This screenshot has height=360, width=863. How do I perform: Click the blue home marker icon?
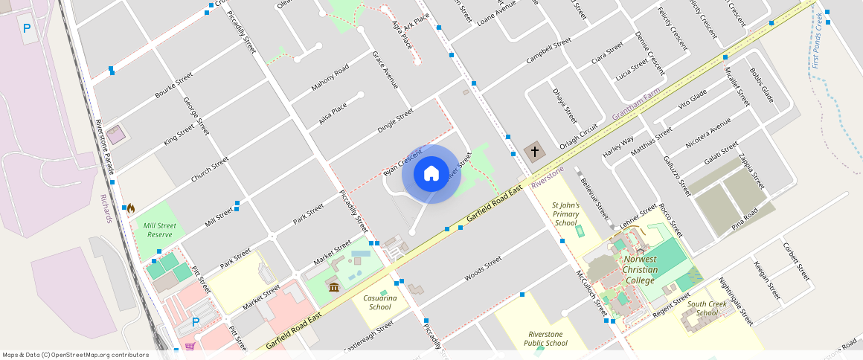[x=431, y=174]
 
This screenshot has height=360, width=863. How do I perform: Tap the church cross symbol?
[x=533, y=152]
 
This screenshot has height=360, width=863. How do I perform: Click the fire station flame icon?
[x=131, y=209]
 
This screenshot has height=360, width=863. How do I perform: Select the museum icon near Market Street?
[x=333, y=287]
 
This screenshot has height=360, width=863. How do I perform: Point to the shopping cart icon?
[x=190, y=347]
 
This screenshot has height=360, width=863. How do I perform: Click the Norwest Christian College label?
[x=641, y=269]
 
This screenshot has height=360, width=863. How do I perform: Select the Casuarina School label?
[x=379, y=302]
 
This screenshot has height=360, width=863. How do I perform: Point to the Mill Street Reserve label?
[x=160, y=229]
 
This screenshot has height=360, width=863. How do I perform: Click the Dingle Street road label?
[x=395, y=120]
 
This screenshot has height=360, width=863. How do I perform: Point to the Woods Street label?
[x=483, y=269]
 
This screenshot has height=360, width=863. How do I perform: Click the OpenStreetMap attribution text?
[x=76, y=355]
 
